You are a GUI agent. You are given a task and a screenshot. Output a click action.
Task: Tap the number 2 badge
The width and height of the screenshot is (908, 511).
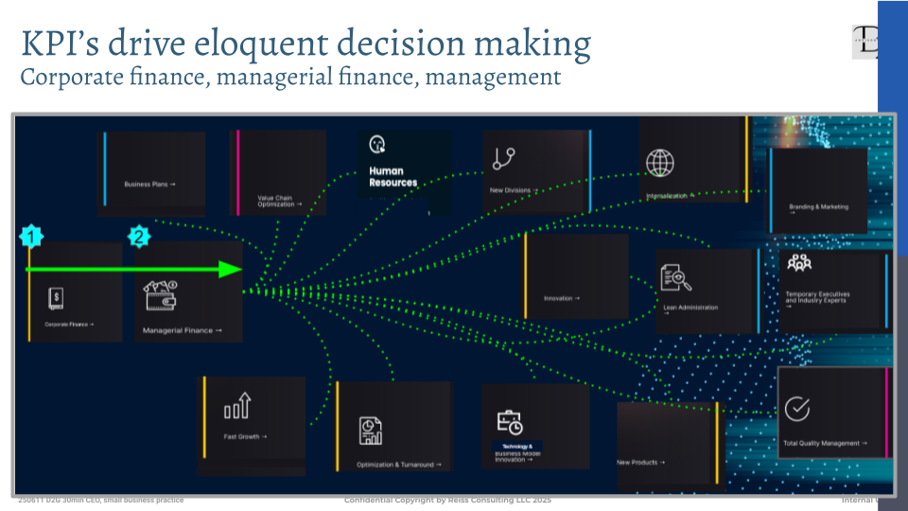[x=139, y=237]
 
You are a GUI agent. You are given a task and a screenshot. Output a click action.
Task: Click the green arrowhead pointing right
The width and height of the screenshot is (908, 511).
[x=231, y=270]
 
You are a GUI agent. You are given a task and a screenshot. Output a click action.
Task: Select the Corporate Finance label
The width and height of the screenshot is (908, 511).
[x=70, y=325]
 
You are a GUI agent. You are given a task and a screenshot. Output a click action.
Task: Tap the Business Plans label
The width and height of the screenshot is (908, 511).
[x=149, y=184]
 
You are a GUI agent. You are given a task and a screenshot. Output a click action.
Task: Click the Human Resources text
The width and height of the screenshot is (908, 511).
[x=393, y=177]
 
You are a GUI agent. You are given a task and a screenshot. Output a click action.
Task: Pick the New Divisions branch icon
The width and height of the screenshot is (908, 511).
[x=503, y=159]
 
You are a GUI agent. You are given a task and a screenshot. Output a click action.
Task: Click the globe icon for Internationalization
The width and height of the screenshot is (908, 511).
[x=660, y=163]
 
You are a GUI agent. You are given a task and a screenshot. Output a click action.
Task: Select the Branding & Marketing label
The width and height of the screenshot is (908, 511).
[x=819, y=206]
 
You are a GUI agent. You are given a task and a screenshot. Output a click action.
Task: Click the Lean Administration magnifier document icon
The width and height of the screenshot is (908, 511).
[x=677, y=277]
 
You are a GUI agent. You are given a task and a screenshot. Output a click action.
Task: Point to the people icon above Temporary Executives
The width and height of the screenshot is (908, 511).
[x=799, y=263]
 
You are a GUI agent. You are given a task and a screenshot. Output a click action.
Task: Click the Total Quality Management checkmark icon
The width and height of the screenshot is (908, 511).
[x=797, y=409]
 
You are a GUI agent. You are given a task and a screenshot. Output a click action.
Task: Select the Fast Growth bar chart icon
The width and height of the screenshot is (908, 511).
[x=236, y=406]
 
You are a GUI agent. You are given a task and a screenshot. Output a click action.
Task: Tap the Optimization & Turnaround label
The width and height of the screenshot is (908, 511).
[x=394, y=465]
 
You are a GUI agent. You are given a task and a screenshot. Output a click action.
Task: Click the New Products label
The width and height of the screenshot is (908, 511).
[x=640, y=463]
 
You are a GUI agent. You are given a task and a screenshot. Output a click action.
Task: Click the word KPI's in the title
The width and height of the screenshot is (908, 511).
[x=57, y=44]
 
